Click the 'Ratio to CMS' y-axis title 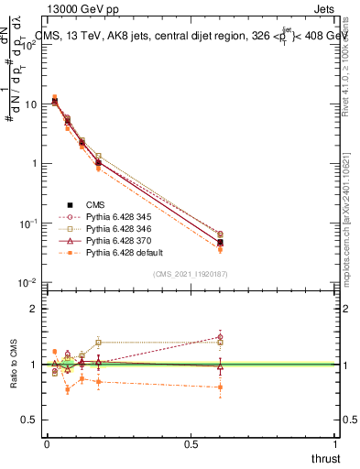pyautogui.click(x=13, y=365)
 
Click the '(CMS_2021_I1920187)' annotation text pyautogui.click(x=191, y=273)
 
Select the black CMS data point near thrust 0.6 pyautogui.click(x=220, y=242)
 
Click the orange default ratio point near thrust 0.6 pyautogui.click(x=220, y=387)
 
